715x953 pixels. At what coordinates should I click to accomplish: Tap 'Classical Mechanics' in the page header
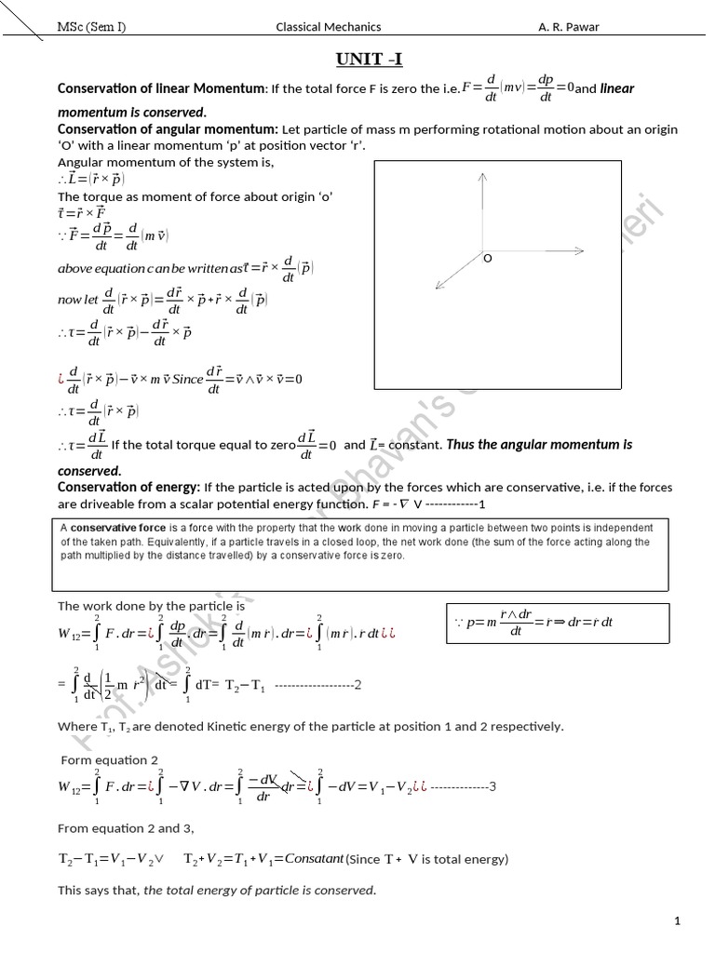click(x=328, y=27)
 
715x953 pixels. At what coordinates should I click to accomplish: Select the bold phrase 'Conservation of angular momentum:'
click(x=168, y=128)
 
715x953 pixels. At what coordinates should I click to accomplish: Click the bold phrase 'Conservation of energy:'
click(x=128, y=488)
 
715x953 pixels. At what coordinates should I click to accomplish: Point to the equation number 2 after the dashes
click(x=357, y=685)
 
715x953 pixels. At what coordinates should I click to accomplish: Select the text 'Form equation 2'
click(x=109, y=759)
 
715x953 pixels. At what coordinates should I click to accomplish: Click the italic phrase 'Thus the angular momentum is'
click(x=539, y=445)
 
